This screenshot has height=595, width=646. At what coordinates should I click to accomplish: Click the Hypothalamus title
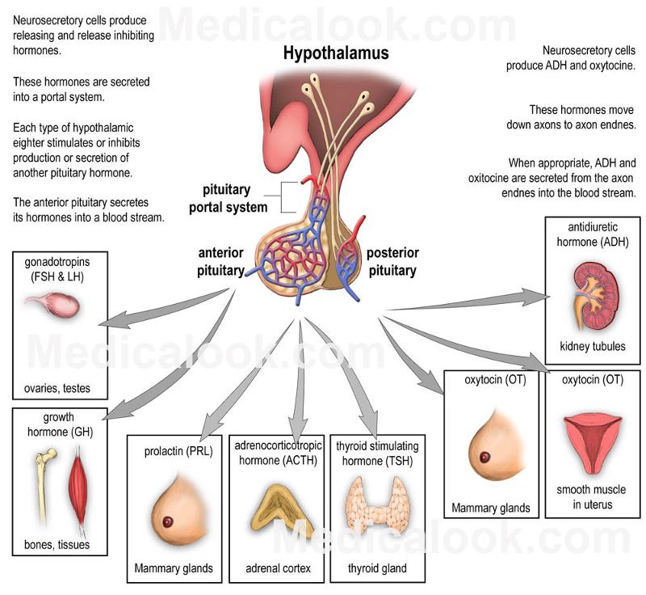[335, 54]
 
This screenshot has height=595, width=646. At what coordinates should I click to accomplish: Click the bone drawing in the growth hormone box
[47, 485]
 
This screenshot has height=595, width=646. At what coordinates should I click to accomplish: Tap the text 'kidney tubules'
[592, 347]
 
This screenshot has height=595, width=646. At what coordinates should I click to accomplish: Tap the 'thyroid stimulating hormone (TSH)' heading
[377, 454]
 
